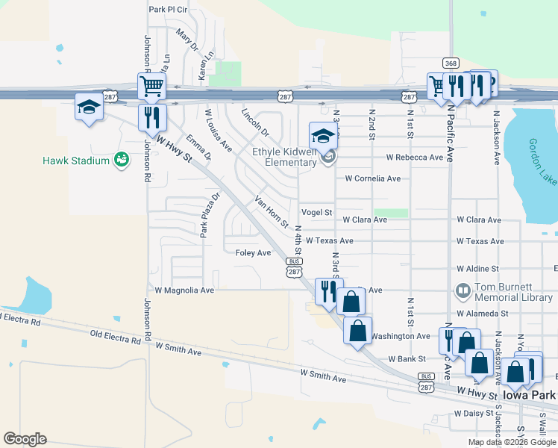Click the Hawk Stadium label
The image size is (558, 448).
pyautogui.click(x=76, y=161)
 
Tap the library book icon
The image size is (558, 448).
pyautogui.click(x=462, y=289)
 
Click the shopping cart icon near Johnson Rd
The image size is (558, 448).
pyautogui.click(x=151, y=87)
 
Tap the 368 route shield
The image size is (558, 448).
pyautogui.click(x=450, y=63)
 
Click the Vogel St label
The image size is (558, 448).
pyautogui.click(x=317, y=213)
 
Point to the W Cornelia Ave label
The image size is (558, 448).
pyautogui.click(x=372, y=178)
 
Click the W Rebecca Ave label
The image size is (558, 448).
pyautogui.click(x=415, y=158)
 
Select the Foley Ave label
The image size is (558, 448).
pyautogui.click(x=253, y=253)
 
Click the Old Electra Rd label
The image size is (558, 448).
pyautogui.click(x=115, y=338)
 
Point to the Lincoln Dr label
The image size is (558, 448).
pyautogui.click(x=254, y=122)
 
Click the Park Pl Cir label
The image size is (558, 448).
pyautogui.click(x=168, y=10)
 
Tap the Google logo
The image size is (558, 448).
pyautogui.click(x=25, y=439)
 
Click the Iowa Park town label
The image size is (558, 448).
pyautogui.click(x=530, y=395)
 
